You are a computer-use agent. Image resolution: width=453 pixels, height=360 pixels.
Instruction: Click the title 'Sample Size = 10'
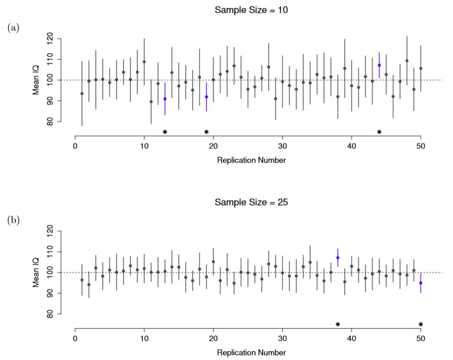point(251,10)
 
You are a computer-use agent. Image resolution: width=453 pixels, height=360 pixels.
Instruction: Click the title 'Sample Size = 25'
point(251,202)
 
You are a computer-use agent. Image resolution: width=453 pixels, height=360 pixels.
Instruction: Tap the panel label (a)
point(13,28)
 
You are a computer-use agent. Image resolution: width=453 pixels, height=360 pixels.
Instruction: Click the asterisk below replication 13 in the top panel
point(165,132)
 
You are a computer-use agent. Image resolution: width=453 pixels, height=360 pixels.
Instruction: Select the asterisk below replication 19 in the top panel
point(206,132)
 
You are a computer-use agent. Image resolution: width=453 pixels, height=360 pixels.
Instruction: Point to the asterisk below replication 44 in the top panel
point(379,132)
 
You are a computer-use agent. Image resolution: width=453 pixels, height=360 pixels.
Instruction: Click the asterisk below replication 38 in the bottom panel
point(338,325)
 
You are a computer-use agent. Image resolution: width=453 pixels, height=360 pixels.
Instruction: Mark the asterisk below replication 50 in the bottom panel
point(421,325)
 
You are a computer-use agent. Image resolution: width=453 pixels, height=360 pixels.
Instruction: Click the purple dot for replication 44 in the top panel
point(379,65)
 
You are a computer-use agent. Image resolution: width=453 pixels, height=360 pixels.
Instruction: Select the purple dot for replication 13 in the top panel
point(165,99)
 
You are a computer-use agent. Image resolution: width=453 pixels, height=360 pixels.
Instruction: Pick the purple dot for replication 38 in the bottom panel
point(338,258)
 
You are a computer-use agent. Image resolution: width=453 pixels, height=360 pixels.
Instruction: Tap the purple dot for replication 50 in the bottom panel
point(421,283)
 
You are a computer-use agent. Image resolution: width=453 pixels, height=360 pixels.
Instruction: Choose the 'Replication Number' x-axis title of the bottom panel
point(251,353)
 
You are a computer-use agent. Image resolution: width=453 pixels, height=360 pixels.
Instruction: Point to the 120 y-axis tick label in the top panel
point(50,39)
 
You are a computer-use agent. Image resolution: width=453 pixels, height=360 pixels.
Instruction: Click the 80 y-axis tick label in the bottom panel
point(50,314)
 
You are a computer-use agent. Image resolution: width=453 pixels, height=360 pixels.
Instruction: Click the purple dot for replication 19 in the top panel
point(206,97)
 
